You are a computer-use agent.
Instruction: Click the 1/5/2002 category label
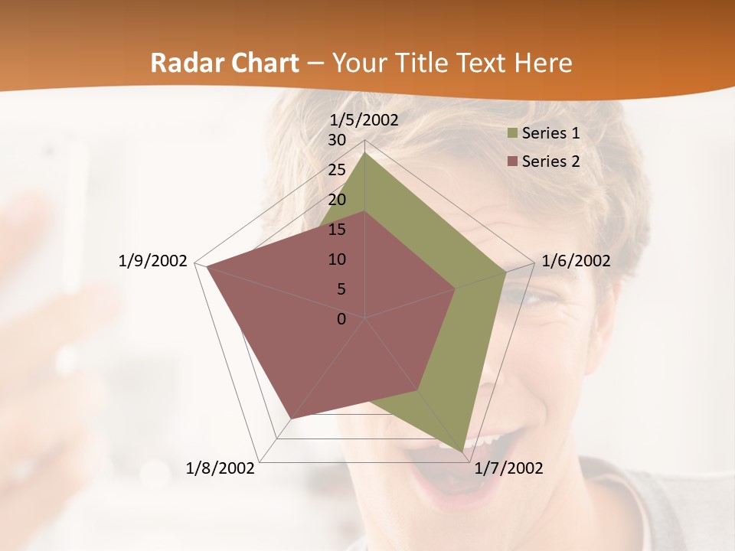click(364, 119)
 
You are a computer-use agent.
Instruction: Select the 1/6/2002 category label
click(576, 261)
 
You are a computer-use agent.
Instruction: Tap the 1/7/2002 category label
click(509, 468)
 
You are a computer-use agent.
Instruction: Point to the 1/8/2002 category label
click(220, 468)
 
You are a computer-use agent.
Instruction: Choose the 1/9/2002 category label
click(153, 261)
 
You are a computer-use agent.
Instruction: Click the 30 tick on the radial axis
click(337, 140)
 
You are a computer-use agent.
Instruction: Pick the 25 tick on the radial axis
click(337, 170)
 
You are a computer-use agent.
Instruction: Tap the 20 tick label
click(337, 200)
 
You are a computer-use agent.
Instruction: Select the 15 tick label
click(337, 230)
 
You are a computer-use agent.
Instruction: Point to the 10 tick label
click(337, 259)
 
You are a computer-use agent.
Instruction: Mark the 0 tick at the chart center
click(341, 319)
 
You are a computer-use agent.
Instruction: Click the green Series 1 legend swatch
click(512, 134)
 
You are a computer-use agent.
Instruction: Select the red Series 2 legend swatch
click(512, 161)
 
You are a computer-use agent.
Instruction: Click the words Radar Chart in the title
click(224, 63)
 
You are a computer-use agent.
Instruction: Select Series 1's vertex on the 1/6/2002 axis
click(505, 272)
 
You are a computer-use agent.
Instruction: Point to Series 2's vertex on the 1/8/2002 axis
click(292, 418)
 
